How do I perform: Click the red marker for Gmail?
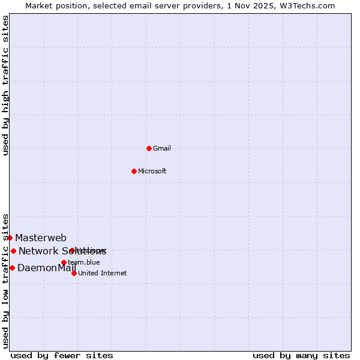pyautogui.click(x=149, y=148)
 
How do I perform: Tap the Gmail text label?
pyautogui.click(x=162, y=148)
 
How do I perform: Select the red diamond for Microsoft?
pyautogui.click(x=134, y=171)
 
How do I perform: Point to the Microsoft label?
pyautogui.click(x=152, y=171)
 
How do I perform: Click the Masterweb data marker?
pyautogui.click(x=10, y=238)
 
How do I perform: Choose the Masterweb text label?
pyautogui.click(x=41, y=238)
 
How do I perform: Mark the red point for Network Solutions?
pyautogui.click(x=13, y=251)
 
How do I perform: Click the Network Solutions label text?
pyautogui.click(x=62, y=251)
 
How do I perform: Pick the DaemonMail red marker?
pyautogui.click(x=12, y=268)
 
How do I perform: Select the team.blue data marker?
pyautogui.click(x=64, y=262)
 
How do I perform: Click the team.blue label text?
pyautogui.click(x=84, y=262)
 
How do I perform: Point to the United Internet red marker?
pyautogui.click(x=74, y=273)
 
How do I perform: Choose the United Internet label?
pyautogui.click(x=103, y=273)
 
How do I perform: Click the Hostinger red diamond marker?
pyautogui.click(x=72, y=250)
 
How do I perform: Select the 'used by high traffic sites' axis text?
pyautogui.click(x=5, y=85)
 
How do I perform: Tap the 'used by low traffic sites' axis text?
pyautogui.click(x=5, y=280)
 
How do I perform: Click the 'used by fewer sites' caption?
pyautogui.click(x=62, y=355)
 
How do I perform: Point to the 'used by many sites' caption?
pyautogui.click(x=301, y=355)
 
